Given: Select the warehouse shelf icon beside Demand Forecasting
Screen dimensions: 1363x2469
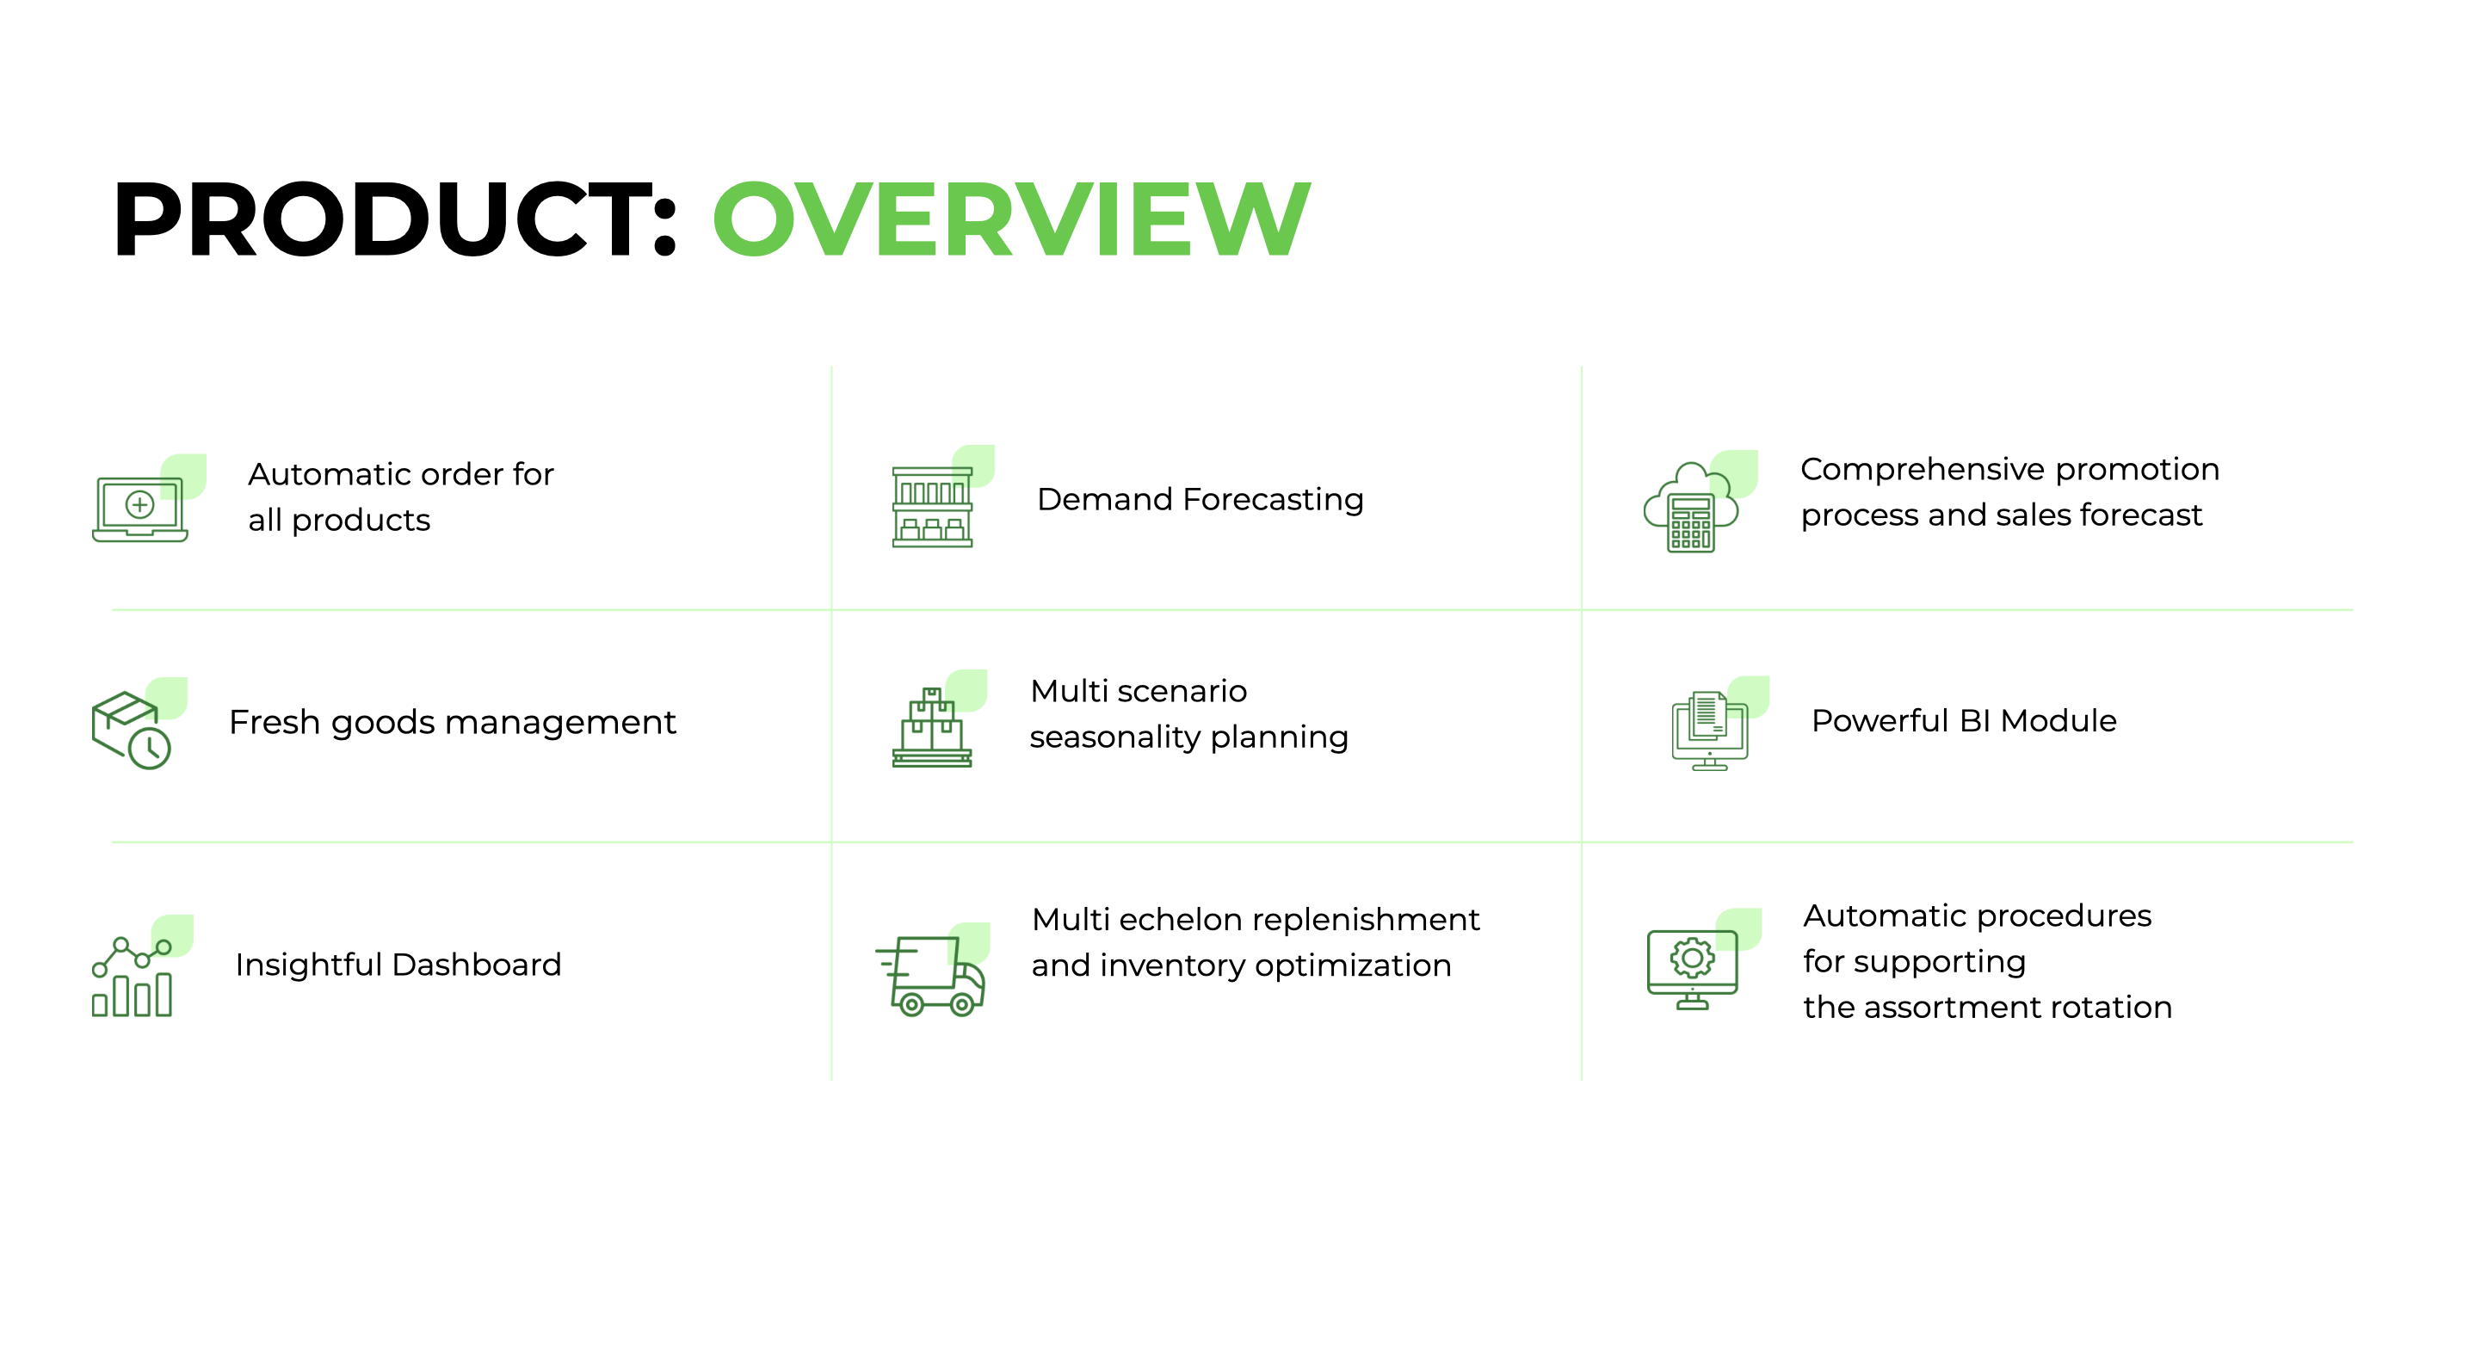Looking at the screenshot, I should (x=933, y=505).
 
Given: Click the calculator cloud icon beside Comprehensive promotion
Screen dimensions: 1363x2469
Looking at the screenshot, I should (x=1691, y=508).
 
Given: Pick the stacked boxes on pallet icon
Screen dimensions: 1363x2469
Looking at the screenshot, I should (x=932, y=729).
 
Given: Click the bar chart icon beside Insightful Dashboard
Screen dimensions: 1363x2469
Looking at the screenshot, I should (x=133, y=978).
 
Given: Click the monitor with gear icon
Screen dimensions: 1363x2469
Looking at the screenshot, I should (x=1693, y=968).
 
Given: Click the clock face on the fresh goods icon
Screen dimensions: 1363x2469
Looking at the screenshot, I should (x=151, y=749).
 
